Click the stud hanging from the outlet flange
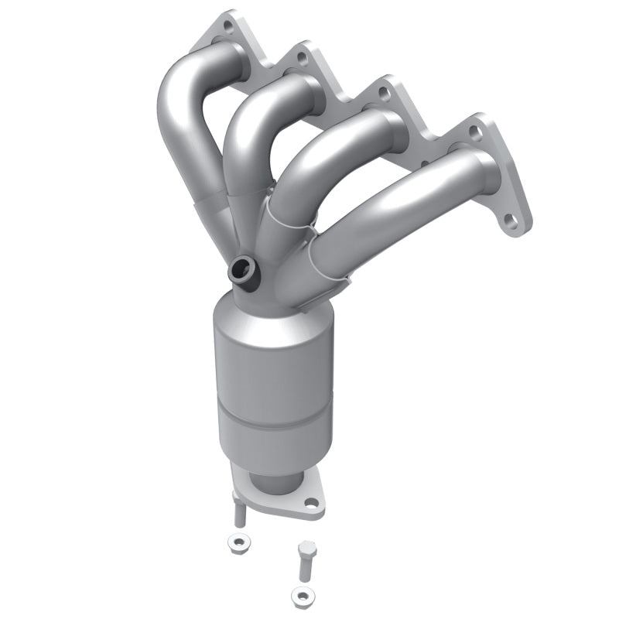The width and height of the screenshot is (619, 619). [239, 512]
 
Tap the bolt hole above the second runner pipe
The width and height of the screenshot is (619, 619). [301, 58]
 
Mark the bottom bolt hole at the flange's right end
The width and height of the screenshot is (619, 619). [511, 222]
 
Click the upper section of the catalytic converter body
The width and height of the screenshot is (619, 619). [271, 356]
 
